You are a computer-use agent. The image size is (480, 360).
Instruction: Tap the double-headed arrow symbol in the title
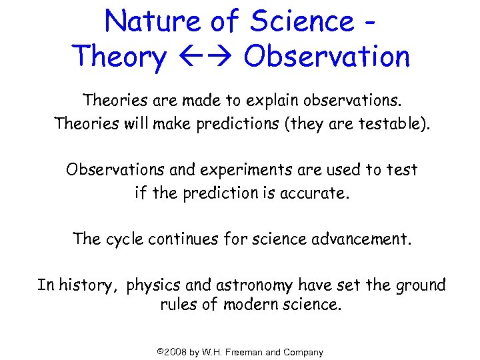click(x=204, y=57)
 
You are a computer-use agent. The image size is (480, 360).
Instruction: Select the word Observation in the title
click(x=327, y=57)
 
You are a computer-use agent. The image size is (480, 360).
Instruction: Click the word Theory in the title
click(x=121, y=57)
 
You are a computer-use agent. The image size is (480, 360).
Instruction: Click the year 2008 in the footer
click(x=175, y=352)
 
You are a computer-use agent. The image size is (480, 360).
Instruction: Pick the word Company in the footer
click(x=303, y=352)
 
